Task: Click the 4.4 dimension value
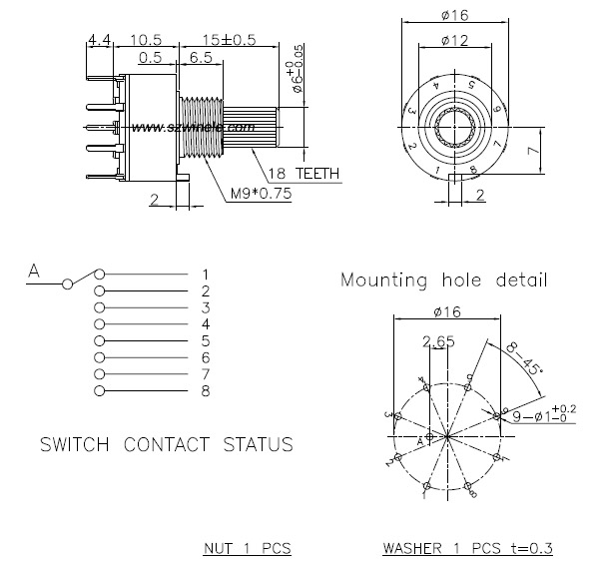(99, 39)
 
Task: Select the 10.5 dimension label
(146, 39)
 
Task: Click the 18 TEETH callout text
(301, 174)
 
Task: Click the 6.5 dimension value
(200, 58)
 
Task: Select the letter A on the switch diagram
(33, 270)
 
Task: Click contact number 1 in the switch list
(205, 274)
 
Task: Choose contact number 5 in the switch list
(205, 340)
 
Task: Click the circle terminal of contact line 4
(99, 324)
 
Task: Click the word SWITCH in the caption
(75, 443)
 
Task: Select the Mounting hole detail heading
(443, 281)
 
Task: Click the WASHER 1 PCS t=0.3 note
(467, 548)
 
